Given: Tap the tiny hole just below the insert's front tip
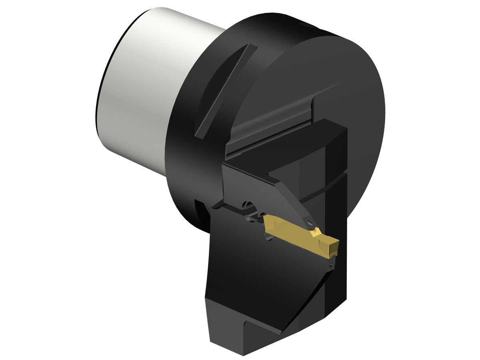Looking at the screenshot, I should click(x=331, y=265).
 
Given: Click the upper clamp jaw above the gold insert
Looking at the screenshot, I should click(x=256, y=188).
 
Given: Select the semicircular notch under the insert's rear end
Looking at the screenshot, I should click(x=268, y=238).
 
